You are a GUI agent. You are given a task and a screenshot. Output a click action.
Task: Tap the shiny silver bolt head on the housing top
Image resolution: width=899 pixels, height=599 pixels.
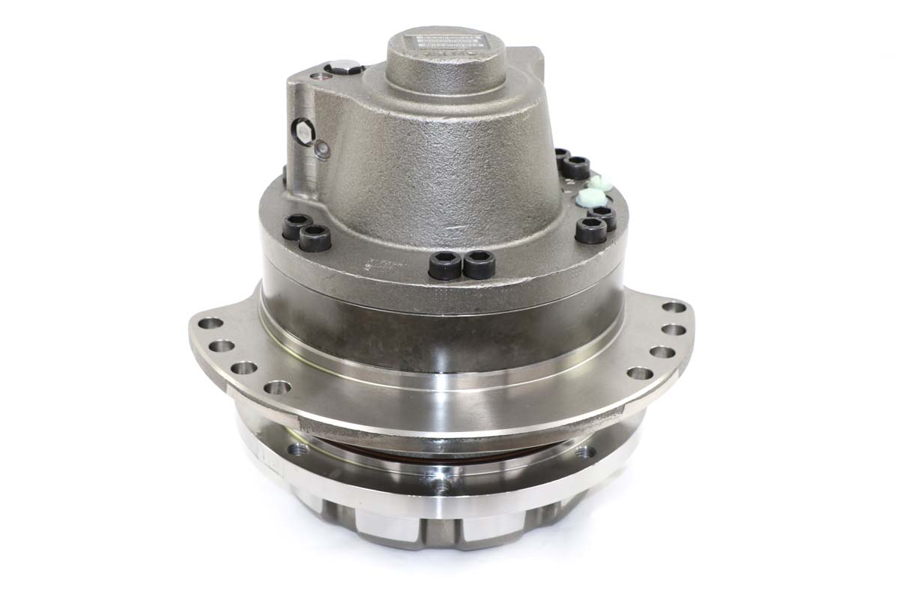click(346, 68)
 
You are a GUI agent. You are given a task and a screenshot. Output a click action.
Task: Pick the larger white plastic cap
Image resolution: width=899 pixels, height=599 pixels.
click(590, 198)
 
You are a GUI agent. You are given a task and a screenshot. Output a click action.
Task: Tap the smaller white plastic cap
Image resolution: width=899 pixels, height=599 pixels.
click(599, 182)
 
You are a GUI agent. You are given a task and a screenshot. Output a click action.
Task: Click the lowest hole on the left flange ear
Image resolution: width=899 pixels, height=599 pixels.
click(277, 388)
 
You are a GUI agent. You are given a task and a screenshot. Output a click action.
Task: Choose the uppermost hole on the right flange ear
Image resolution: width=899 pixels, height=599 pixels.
click(674, 307)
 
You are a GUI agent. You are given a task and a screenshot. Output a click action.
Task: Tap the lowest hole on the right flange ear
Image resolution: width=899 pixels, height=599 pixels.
click(638, 373)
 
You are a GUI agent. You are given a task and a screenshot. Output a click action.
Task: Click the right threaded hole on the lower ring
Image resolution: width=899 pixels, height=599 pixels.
click(584, 451)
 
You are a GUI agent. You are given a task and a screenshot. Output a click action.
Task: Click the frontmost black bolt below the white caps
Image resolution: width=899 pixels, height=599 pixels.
click(591, 229)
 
